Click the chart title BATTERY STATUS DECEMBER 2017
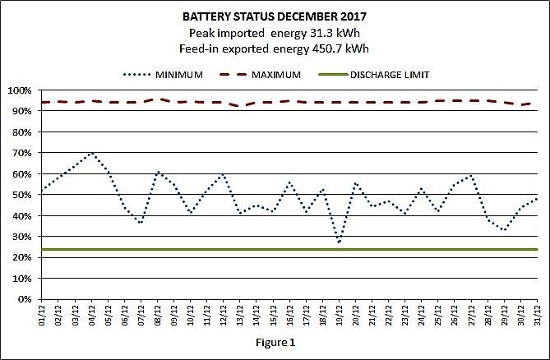[275, 16]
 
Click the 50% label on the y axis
[21, 195]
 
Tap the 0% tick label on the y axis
[23, 299]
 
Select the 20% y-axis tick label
[21, 257]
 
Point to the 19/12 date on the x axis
[340, 315]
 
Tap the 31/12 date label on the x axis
[537, 315]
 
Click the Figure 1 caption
[274, 340]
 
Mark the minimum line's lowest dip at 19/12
[339, 242]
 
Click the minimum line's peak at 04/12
[91, 153]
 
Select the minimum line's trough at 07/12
[141, 224]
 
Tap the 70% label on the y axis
[21, 153]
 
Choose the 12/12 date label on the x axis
[224, 315]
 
